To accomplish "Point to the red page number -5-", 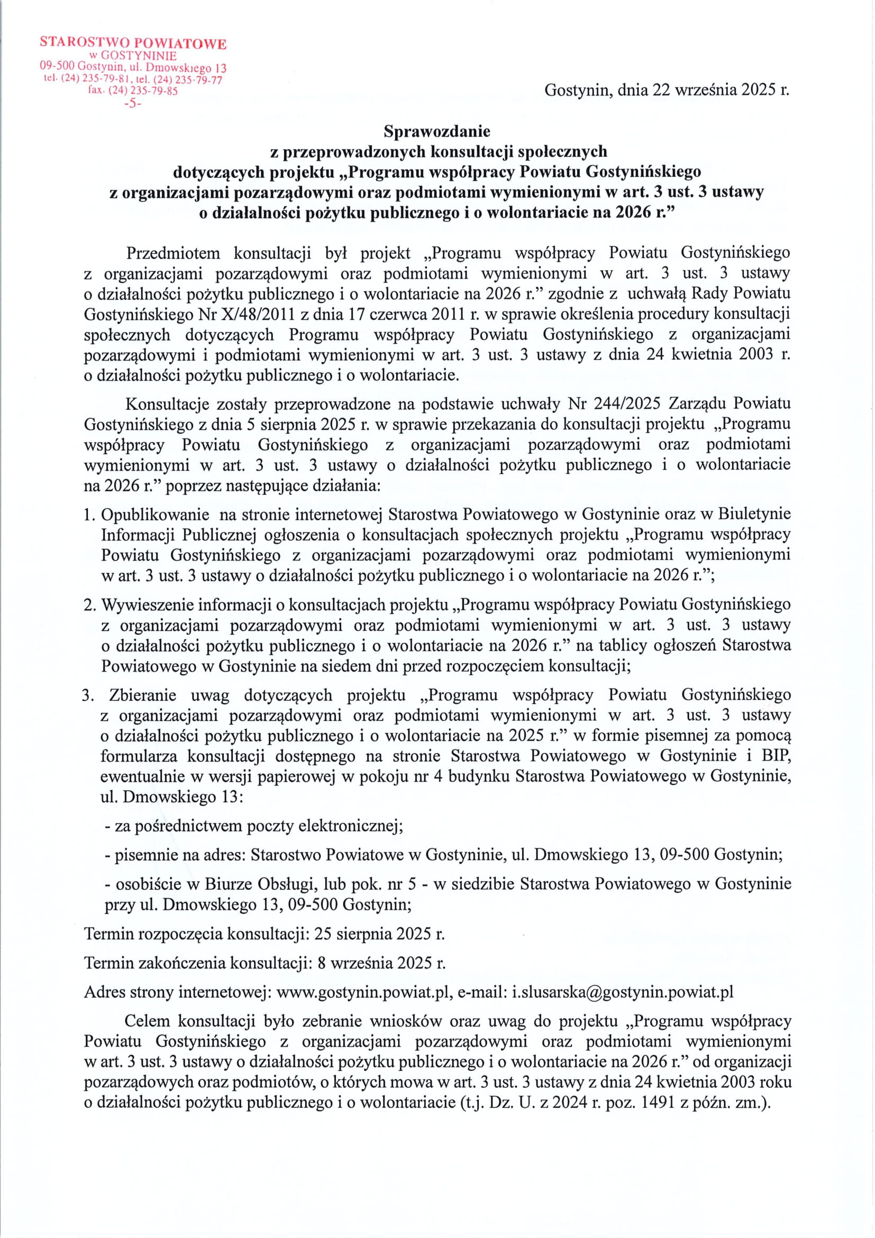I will click(132, 104).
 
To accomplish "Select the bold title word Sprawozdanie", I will click(436, 131).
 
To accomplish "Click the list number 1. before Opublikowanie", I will click(89, 514).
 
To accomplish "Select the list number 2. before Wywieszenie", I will click(89, 605).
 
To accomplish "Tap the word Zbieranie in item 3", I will click(142, 695).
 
